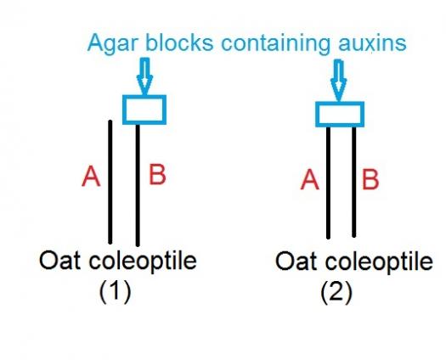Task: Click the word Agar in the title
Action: coord(113,44)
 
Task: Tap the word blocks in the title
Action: coord(179,42)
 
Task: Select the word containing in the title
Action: coord(275,44)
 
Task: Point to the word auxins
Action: coord(372,43)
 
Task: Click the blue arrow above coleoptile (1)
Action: coord(144,76)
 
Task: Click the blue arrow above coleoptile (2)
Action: coord(338,80)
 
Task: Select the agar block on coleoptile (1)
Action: coord(144,110)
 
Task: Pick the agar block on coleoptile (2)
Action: coord(340,114)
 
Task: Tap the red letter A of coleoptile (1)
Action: coord(91,177)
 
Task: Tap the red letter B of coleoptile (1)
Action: coord(157,174)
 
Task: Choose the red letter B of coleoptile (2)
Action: coord(370,179)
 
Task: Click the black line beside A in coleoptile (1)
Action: coord(110,182)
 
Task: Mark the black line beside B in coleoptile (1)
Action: coord(138,185)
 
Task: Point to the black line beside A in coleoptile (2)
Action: coord(328,183)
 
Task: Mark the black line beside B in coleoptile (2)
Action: coord(354,182)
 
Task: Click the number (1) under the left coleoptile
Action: coord(116,291)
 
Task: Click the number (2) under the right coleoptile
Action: coord(336,292)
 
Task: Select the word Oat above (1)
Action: coord(59,260)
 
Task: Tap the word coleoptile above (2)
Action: coord(379,262)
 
